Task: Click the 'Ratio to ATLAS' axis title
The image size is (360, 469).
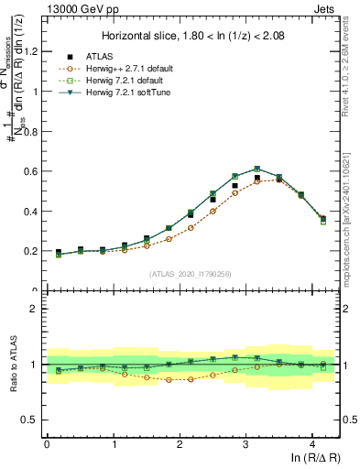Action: click(12, 365)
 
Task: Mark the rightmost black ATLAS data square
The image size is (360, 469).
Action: click(323, 219)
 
